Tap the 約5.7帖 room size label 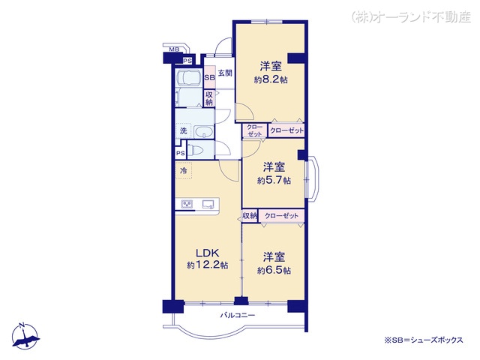pyautogui.click(x=273, y=180)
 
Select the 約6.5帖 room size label pyautogui.click(x=273, y=270)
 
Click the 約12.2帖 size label pyautogui.click(x=208, y=265)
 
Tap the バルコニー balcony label pyautogui.click(x=238, y=315)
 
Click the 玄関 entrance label pyautogui.click(x=225, y=73)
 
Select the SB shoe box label pyautogui.click(x=209, y=76)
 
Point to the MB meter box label pyautogui.click(x=173, y=50)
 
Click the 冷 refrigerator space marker pyautogui.click(x=183, y=171)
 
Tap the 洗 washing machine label pyautogui.click(x=182, y=131)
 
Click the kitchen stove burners pyautogui.click(x=187, y=204)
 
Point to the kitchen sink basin pyautogui.click(x=209, y=203)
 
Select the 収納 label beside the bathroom pyautogui.click(x=210, y=98)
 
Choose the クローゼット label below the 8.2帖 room pyautogui.click(x=286, y=130)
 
